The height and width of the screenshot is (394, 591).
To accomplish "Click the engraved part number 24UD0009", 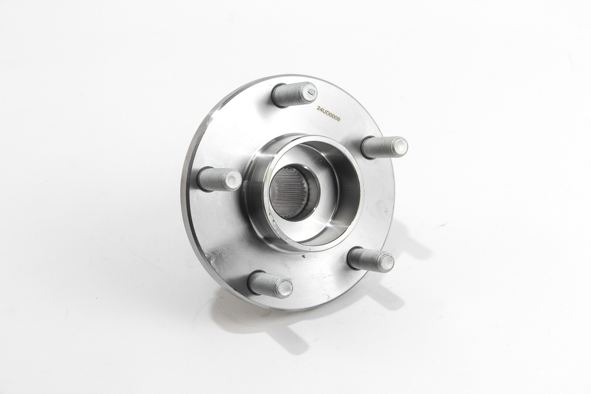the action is [328, 114].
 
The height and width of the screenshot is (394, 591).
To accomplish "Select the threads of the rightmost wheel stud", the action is [377, 147].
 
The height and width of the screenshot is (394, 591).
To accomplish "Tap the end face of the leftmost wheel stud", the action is [234, 180].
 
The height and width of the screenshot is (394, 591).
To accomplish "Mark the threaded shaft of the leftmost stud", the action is [212, 179].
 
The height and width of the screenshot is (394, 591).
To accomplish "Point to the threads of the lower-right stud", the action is [364, 258].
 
